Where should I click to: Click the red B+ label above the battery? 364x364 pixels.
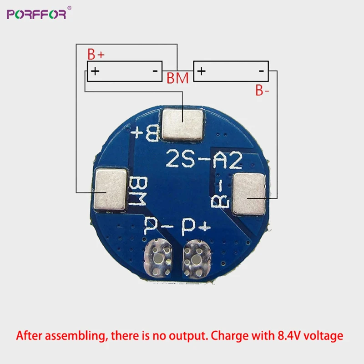[96, 55]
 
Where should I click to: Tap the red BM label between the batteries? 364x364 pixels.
[177, 78]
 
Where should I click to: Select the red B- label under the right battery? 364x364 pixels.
[262, 91]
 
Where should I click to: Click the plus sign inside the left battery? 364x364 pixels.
[95, 71]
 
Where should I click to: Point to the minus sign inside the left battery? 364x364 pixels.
[155, 71]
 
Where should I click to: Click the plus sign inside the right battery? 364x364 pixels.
[202, 71]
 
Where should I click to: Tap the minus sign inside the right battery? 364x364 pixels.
[262, 71]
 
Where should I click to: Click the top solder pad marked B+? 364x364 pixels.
[182, 125]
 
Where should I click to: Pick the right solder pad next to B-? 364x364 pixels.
[249, 195]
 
